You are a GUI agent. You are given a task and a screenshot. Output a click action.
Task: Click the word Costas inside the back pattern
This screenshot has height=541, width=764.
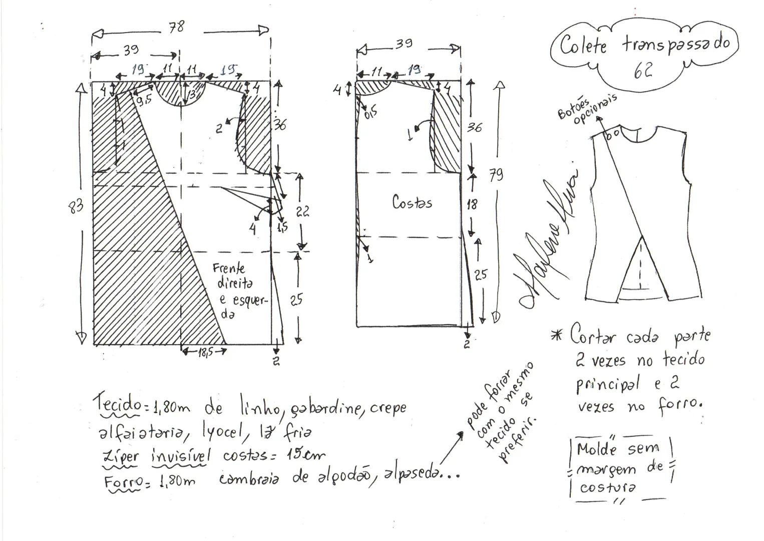tap(412, 202)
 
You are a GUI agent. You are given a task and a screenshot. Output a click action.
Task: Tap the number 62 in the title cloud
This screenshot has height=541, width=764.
tap(643, 71)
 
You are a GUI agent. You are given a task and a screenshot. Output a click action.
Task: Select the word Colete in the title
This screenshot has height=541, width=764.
tap(583, 45)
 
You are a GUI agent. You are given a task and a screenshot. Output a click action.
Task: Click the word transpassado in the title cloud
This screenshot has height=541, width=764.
tap(676, 44)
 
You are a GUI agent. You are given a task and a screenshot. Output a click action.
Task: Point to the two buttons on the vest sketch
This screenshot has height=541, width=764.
tap(612, 134)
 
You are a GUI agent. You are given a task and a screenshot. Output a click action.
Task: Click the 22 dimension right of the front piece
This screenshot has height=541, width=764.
tap(302, 211)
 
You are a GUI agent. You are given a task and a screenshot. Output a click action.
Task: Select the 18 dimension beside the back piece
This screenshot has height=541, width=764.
tap(472, 204)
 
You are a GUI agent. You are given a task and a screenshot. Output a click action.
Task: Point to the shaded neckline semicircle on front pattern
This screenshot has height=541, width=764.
tap(180, 93)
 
